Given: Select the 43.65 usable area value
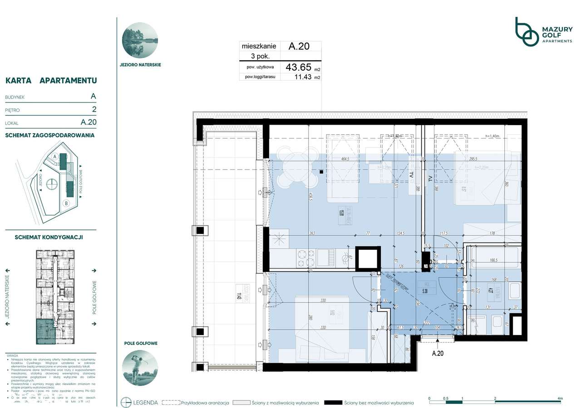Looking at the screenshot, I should (x=298, y=67).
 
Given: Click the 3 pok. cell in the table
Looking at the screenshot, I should (x=260, y=56).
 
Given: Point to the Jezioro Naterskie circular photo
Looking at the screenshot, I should (x=140, y=40).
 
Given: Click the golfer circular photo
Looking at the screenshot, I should (x=140, y=366).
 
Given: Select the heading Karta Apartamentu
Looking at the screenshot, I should (x=51, y=81).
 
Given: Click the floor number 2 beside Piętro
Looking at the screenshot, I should (x=94, y=109).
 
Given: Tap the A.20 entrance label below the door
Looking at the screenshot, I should (x=437, y=354).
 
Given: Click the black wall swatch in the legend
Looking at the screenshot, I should (x=335, y=403).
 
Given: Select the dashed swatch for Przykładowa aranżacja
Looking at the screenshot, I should (x=171, y=403).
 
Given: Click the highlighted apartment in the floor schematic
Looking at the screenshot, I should (x=45, y=331).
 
